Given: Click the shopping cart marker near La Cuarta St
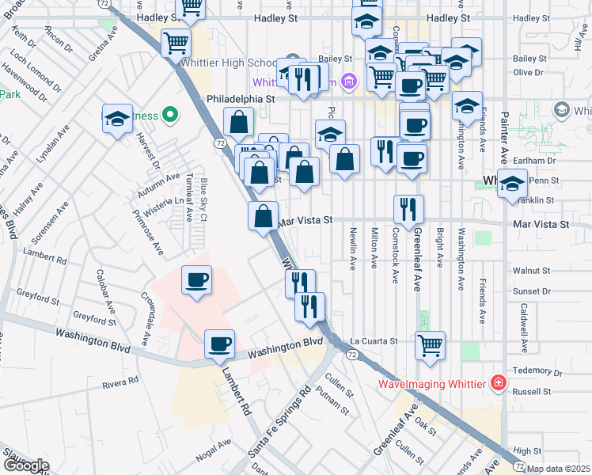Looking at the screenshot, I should pos(430,345).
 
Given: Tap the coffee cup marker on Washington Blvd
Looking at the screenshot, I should pos(219,344).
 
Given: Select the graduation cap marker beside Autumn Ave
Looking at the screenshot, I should pos(117,120).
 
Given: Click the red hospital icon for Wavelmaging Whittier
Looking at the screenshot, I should pos(498,384).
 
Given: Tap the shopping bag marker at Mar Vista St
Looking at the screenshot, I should pos(264,215).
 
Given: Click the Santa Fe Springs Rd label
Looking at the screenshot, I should pos(279,423).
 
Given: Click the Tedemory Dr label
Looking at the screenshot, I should pos(536,372).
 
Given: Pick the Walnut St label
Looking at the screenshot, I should pos(531,271).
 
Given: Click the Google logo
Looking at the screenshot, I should pos(25,465).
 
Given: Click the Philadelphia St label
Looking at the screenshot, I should pos(240,100).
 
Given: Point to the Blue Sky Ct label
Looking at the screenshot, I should pos(203,199).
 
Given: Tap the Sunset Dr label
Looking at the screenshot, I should pos(531,291).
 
